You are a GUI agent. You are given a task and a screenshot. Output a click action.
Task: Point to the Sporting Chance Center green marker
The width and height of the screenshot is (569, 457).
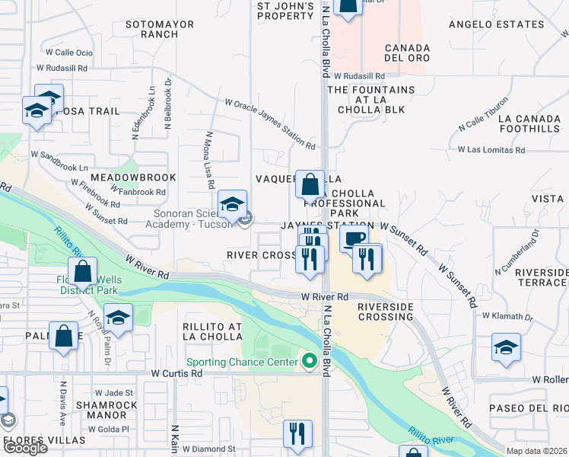click(x=309, y=361)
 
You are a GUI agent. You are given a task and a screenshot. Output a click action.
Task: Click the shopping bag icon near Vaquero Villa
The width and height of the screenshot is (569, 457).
click(x=310, y=185)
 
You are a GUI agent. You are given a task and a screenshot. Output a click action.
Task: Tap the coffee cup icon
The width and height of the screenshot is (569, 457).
click(x=354, y=239)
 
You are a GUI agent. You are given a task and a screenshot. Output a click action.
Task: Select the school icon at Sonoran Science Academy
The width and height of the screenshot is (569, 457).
click(x=233, y=204)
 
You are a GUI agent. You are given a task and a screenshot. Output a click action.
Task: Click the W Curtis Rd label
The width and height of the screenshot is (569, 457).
click(x=176, y=373)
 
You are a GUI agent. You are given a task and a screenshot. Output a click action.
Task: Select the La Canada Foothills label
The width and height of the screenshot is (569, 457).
click(x=528, y=123)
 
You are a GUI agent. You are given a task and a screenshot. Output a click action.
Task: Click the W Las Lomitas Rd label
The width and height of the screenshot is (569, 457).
click(x=491, y=150)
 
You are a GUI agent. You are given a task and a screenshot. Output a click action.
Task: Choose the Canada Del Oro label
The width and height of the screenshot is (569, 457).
click(x=407, y=53)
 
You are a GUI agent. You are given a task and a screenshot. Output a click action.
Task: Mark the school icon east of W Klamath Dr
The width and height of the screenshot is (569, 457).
click(x=506, y=348)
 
